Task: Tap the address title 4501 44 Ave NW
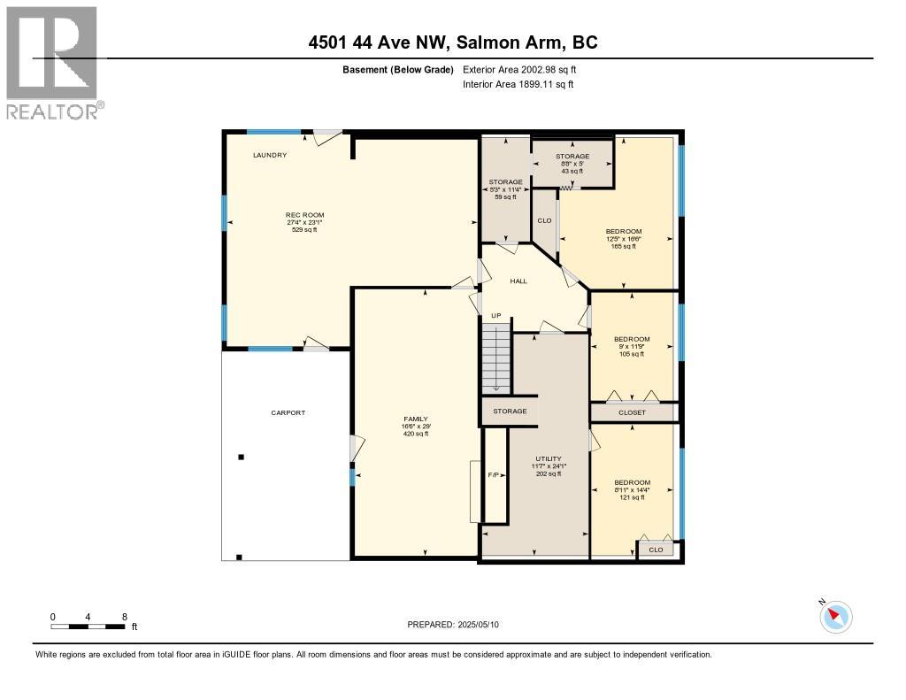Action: [452, 42]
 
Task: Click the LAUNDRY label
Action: [270, 156]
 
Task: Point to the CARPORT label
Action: [288, 412]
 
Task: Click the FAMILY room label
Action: [415, 419]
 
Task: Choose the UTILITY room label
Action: [549, 459]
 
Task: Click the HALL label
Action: [518, 281]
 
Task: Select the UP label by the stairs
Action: [496, 316]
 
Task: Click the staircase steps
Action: [497, 358]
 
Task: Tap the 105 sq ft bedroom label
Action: [632, 340]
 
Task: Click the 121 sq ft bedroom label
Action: [632, 482]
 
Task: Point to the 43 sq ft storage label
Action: [572, 157]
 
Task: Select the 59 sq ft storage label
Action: [506, 182]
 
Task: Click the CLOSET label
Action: [632, 412]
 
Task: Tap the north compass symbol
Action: [835, 616]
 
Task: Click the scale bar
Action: [88, 627]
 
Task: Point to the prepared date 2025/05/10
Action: [454, 625]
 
